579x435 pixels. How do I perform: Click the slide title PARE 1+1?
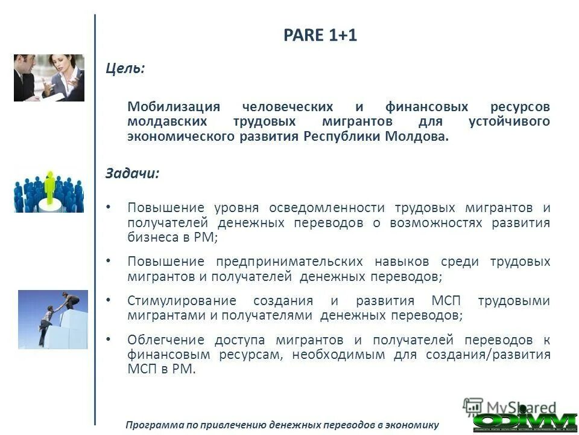320,36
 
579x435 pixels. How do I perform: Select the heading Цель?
125,68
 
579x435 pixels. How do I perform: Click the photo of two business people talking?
49,77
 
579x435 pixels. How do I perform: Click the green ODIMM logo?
525,420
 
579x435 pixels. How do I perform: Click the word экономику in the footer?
413,425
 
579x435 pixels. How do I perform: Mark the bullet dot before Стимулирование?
109,300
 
